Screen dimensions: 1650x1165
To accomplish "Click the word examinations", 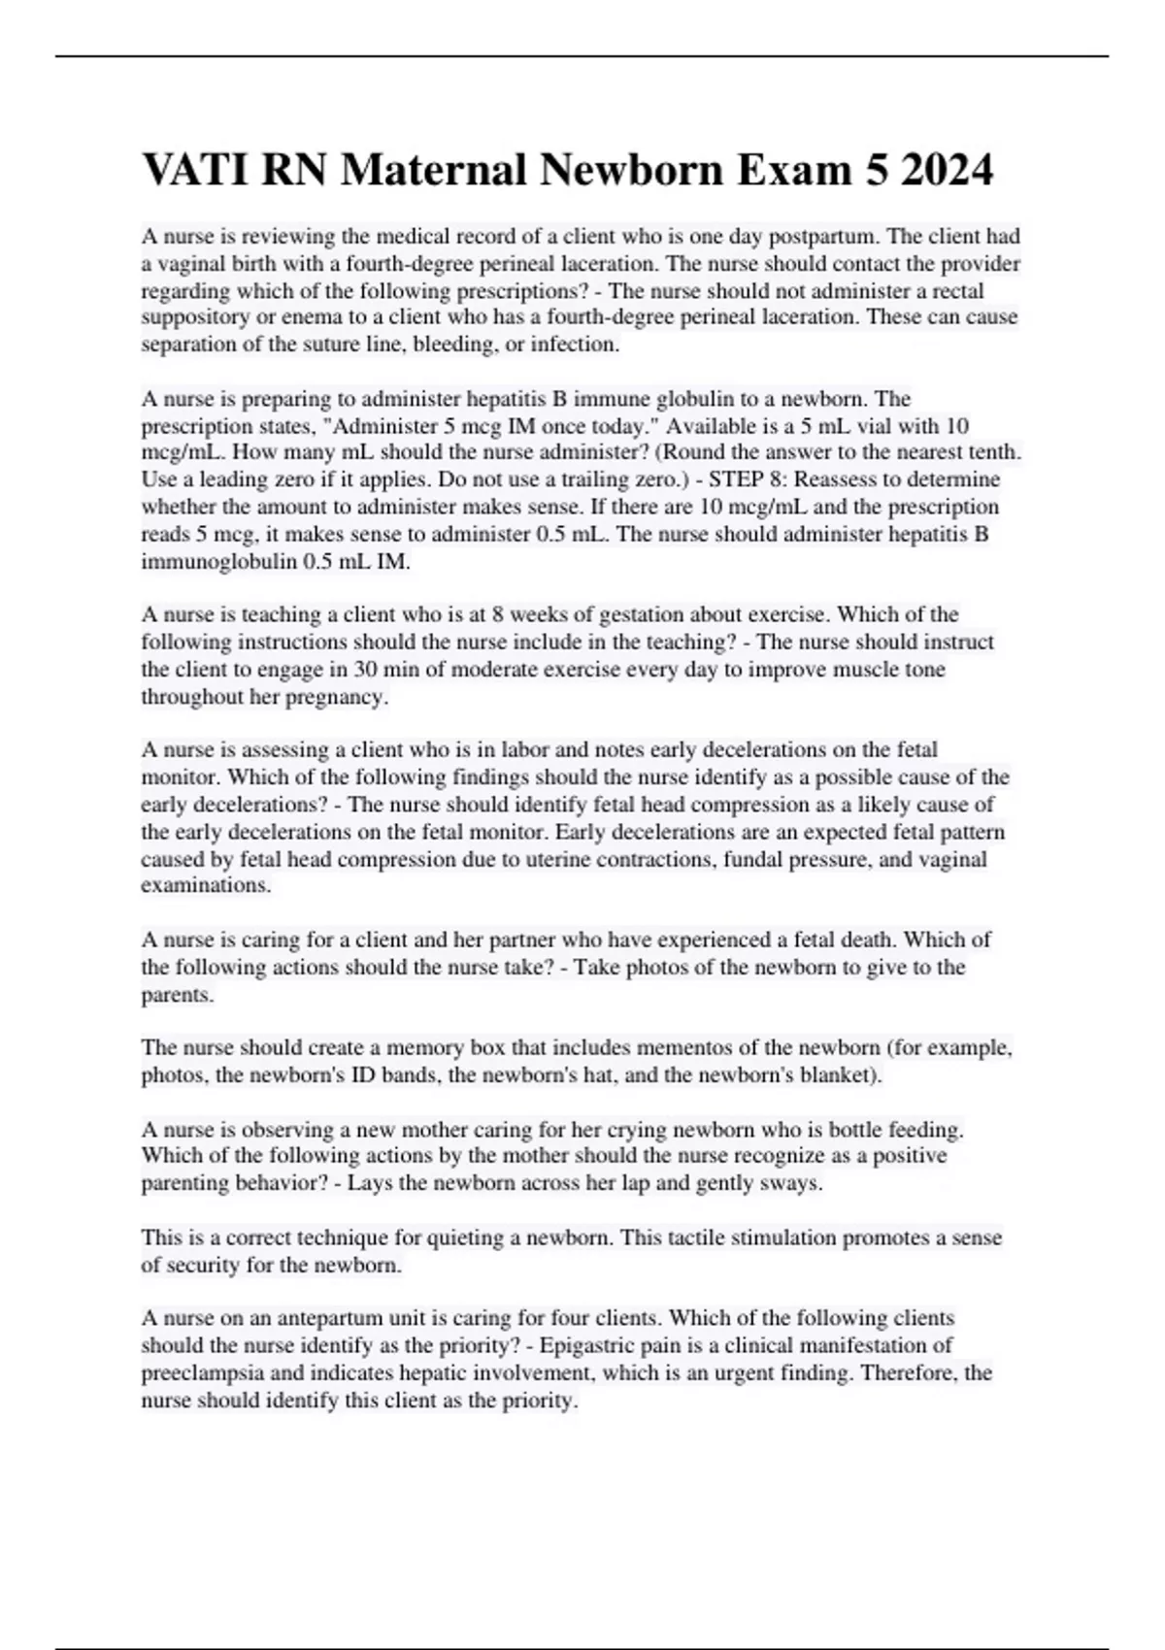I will pos(206,885).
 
